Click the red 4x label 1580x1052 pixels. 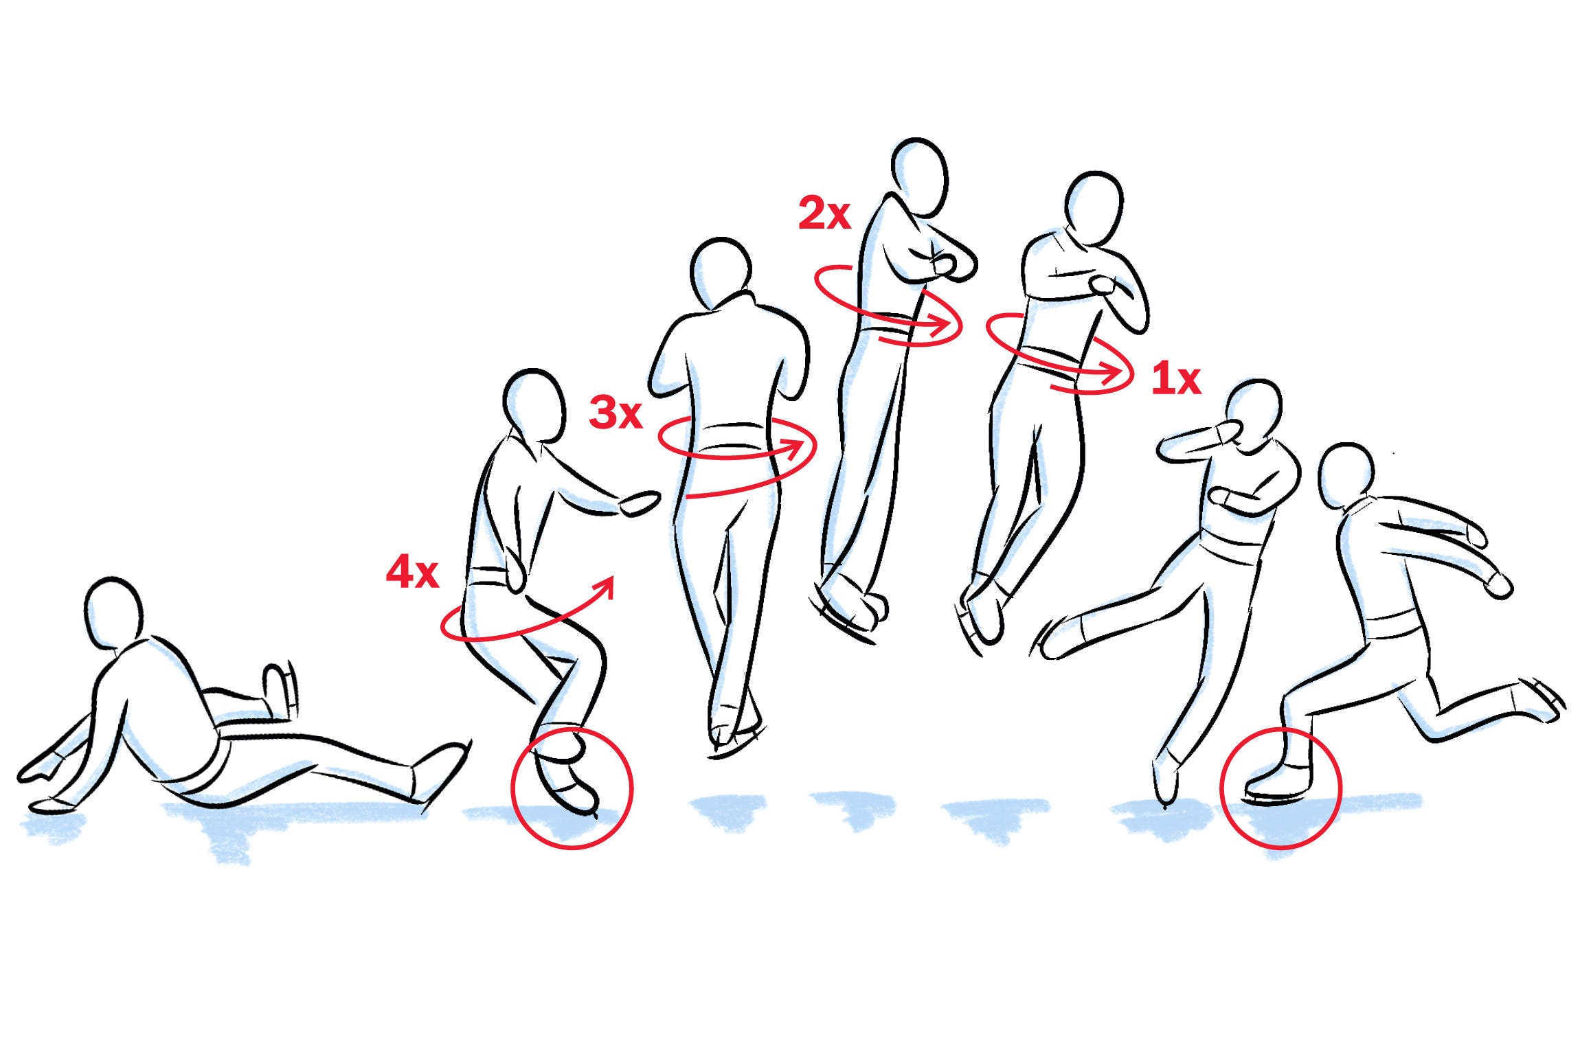tap(412, 573)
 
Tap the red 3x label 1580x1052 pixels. tap(616, 413)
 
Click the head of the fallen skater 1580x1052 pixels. tap(114, 615)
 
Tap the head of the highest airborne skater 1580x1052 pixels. tap(919, 177)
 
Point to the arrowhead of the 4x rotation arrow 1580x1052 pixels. tap(604, 588)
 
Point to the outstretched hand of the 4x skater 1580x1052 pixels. tap(639, 503)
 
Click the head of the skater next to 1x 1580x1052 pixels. tap(1094, 208)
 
